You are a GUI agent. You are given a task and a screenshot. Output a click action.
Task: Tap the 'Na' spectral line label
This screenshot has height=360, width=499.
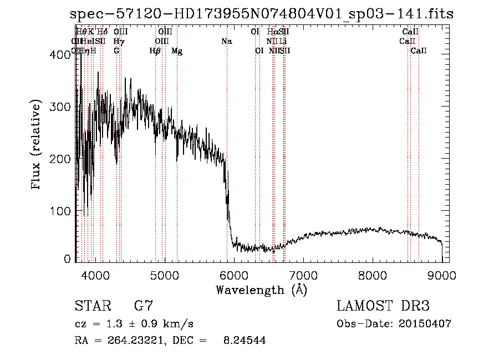point(227,42)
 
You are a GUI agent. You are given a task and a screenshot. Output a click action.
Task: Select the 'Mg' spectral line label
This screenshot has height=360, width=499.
point(177,51)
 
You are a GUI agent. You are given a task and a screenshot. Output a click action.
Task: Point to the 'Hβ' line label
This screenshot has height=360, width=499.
point(155,51)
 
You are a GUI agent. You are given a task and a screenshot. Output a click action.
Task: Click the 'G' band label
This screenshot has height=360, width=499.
point(116,51)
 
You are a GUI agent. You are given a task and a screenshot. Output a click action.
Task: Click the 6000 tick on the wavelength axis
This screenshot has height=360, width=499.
point(233,275)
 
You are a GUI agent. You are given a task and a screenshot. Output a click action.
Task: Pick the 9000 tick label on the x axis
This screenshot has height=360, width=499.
point(442,275)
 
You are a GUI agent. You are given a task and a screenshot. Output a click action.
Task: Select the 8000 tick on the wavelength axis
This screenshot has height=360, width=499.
point(373,275)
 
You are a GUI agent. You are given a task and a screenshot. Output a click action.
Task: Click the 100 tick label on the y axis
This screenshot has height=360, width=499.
point(62,211)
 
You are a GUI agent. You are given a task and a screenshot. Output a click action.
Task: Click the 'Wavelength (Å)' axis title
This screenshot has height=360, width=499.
point(261,290)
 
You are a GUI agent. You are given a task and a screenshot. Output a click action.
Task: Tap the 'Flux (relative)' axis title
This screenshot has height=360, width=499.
point(37,145)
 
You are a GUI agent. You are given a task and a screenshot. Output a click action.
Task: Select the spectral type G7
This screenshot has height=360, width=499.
point(143,307)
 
